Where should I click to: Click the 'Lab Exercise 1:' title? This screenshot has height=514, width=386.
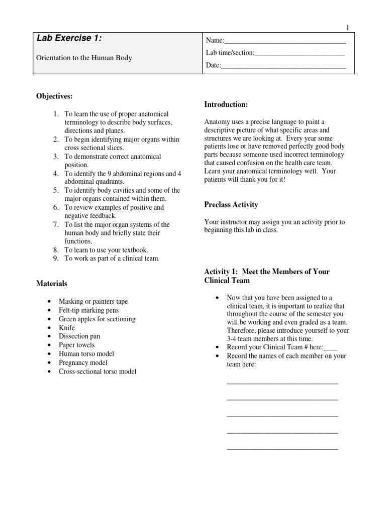pyautogui.click(x=71, y=38)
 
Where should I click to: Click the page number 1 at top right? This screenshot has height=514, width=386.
pyautogui.click(x=347, y=28)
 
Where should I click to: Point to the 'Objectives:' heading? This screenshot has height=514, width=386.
pyautogui.click(x=54, y=96)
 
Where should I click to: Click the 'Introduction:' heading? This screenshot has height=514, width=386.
pyautogui.click(x=226, y=104)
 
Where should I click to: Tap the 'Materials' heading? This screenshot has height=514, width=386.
pyautogui.click(x=52, y=284)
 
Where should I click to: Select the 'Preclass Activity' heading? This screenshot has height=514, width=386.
pyautogui.click(x=231, y=204)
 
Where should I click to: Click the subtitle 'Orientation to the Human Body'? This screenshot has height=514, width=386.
pyautogui.click(x=84, y=58)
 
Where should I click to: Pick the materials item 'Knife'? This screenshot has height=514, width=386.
pyautogui.click(x=67, y=328)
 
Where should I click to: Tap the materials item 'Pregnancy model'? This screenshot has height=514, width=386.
pyautogui.click(x=83, y=362)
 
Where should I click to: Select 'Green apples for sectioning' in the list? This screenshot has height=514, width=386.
pyautogui.click(x=96, y=319)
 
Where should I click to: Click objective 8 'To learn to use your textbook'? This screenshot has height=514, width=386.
pyautogui.click(x=106, y=249)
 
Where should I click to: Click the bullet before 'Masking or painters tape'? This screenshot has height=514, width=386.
pyautogui.click(x=48, y=302)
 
